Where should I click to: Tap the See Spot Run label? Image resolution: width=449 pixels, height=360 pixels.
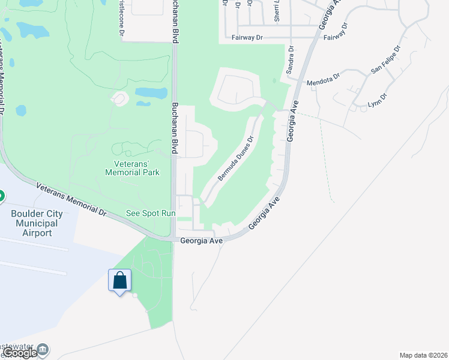point(150,213)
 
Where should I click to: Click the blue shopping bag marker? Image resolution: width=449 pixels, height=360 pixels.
point(119,280)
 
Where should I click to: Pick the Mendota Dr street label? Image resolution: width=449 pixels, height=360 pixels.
point(323,79)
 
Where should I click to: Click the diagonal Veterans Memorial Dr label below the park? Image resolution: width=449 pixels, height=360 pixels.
point(71,199)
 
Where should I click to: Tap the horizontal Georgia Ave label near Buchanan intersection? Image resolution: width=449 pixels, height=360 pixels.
point(202,241)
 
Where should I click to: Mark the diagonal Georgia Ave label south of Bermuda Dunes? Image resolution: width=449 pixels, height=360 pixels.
point(265,213)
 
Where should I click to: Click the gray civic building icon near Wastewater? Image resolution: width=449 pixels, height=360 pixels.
point(42,349)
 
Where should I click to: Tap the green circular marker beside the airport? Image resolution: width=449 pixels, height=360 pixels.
point(2,196)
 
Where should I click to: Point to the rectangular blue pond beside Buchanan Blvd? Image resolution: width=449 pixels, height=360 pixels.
point(151,93)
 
